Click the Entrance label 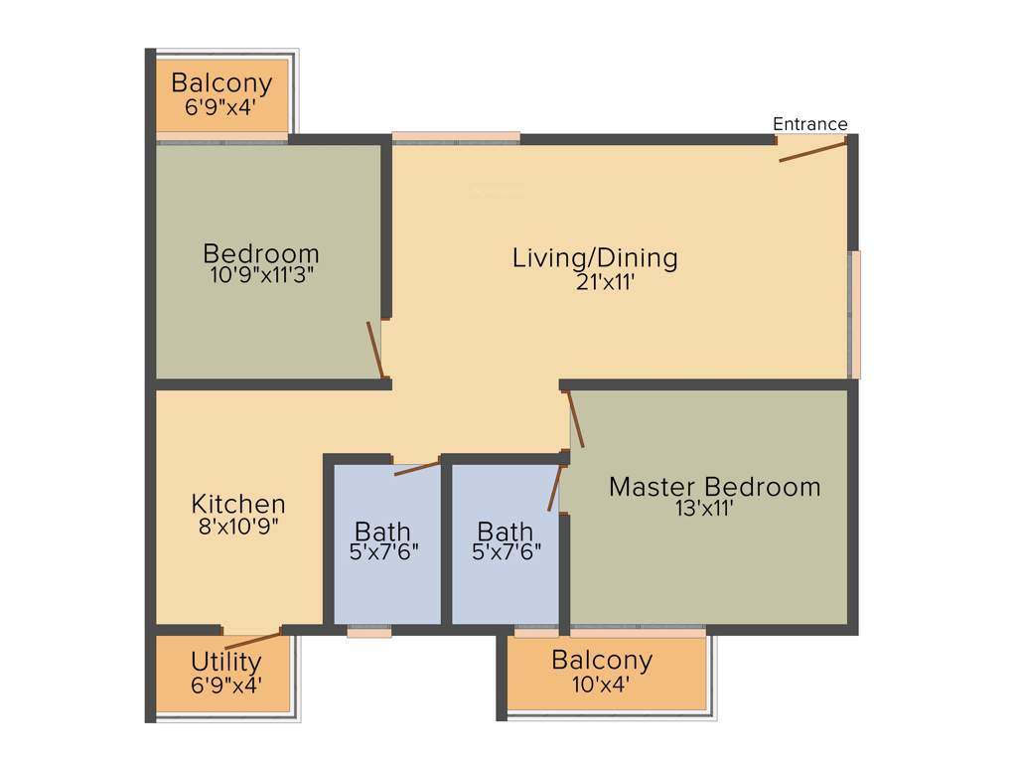[x=810, y=124]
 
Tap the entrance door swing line [x=812, y=151]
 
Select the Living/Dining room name [x=595, y=258]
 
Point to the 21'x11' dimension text [x=597, y=282]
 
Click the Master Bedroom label [x=714, y=487]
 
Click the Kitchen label [x=238, y=504]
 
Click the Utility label [x=226, y=662]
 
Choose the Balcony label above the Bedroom [x=222, y=82]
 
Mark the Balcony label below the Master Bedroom [x=602, y=660]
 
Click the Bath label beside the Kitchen [x=382, y=532]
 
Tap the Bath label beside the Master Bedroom [x=505, y=532]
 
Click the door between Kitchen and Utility [x=252, y=639]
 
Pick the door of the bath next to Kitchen [x=417, y=467]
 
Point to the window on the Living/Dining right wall [x=854, y=314]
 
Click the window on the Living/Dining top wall [x=456, y=138]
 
